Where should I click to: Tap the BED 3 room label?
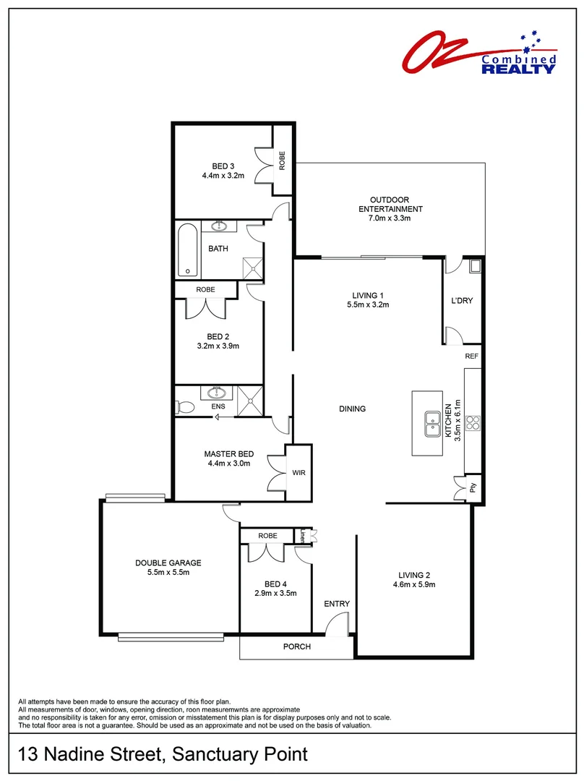(x=223, y=166)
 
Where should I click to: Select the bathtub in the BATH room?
(x=187, y=251)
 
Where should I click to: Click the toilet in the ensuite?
(x=184, y=407)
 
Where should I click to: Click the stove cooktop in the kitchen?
(x=473, y=423)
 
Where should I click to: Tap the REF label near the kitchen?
(x=471, y=357)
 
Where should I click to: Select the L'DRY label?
(x=461, y=301)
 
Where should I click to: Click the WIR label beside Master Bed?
(x=299, y=473)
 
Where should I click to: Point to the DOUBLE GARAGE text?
(x=168, y=563)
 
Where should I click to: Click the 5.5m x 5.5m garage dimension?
(x=168, y=573)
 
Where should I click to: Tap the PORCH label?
(x=296, y=646)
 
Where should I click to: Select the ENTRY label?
(x=337, y=604)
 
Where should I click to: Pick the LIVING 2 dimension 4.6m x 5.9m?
(x=413, y=584)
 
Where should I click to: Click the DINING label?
(x=353, y=409)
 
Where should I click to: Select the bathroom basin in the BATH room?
(x=218, y=227)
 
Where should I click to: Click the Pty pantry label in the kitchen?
(x=473, y=489)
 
